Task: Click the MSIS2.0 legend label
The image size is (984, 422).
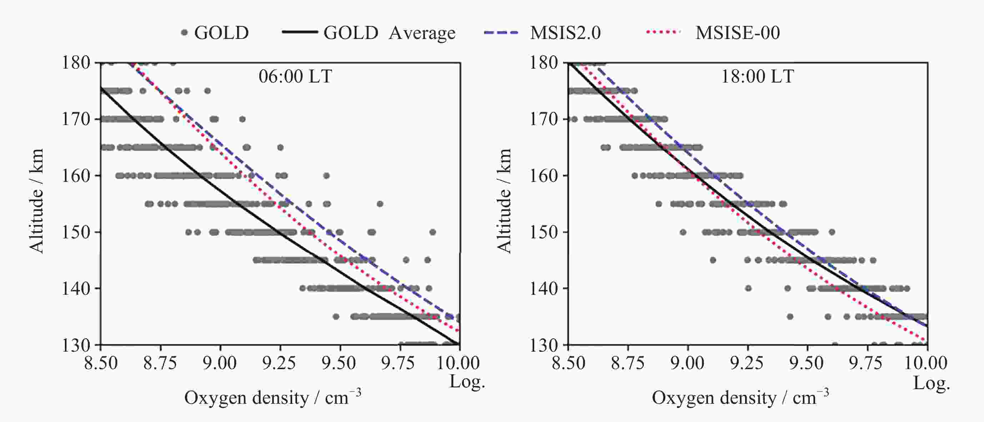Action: coord(565,33)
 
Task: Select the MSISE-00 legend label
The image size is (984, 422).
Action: coord(738,33)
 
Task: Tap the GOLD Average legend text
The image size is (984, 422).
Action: coord(389,33)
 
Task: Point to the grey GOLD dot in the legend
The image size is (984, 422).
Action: coord(185,33)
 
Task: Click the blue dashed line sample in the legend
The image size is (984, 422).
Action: coord(501,33)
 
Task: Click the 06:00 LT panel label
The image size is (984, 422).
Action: coord(295,76)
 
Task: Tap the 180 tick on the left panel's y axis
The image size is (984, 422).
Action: coord(76,63)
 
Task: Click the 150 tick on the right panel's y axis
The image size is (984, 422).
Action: coord(543,232)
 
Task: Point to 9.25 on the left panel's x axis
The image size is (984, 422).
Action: coord(279,363)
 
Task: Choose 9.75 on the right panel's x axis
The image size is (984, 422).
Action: coord(866,363)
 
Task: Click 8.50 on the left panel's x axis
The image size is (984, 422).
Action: coord(101,363)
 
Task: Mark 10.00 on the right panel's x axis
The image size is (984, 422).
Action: coord(926,363)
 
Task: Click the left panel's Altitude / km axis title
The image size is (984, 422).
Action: coord(37,201)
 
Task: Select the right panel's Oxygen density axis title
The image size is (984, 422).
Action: coord(740,398)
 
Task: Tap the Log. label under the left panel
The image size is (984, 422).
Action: coord(467,382)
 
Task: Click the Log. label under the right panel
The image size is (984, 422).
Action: coord(931,383)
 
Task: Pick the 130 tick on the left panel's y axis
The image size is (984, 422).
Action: coord(76,345)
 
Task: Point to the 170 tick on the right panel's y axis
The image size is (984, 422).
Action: coord(543,119)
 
